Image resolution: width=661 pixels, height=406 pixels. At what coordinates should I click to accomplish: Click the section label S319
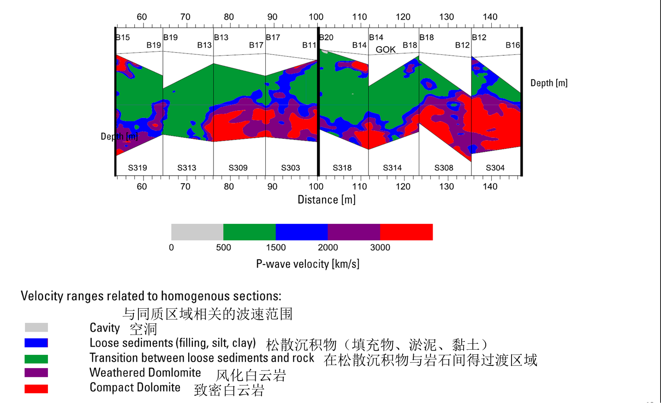(x=137, y=168)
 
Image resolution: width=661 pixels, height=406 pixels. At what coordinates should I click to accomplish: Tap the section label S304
(x=495, y=168)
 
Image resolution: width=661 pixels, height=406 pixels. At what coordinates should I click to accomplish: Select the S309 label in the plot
(x=238, y=168)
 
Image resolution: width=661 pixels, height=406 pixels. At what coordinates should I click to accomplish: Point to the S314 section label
(x=392, y=168)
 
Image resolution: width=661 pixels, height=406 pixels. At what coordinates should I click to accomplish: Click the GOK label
(x=386, y=50)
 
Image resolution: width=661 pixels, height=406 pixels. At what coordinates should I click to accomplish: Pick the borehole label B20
(x=327, y=37)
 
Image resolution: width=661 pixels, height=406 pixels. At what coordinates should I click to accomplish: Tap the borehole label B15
(x=123, y=37)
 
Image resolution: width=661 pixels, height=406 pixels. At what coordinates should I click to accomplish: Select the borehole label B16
(x=512, y=45)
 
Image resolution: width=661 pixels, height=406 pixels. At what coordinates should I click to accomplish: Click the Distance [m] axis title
(x=327, y=200)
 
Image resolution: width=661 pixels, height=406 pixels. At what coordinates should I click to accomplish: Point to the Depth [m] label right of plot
(x=549, y=83)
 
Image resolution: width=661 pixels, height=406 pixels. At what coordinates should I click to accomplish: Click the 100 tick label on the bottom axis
(x=316, y=187)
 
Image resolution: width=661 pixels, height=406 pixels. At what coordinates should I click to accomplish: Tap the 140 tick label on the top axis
(x=490, y=17)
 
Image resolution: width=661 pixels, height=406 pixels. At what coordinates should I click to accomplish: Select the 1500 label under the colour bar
(x=276, y=248)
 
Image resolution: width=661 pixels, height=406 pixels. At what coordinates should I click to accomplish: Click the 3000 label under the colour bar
(x=380, y=248)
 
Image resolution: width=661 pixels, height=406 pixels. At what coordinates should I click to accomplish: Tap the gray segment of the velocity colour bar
(x=197, y=232)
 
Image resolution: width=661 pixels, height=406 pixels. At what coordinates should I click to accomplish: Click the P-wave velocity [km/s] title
(x=308, y=264)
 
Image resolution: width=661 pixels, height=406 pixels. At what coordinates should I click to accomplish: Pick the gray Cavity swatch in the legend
(x=36, y=328)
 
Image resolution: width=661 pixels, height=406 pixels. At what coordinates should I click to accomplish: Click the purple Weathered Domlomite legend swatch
(x=36, y=373)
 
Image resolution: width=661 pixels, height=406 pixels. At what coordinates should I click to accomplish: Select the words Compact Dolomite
(x=135, y=388)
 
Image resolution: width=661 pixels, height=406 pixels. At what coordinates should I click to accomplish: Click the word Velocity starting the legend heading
(x=42, y=296)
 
